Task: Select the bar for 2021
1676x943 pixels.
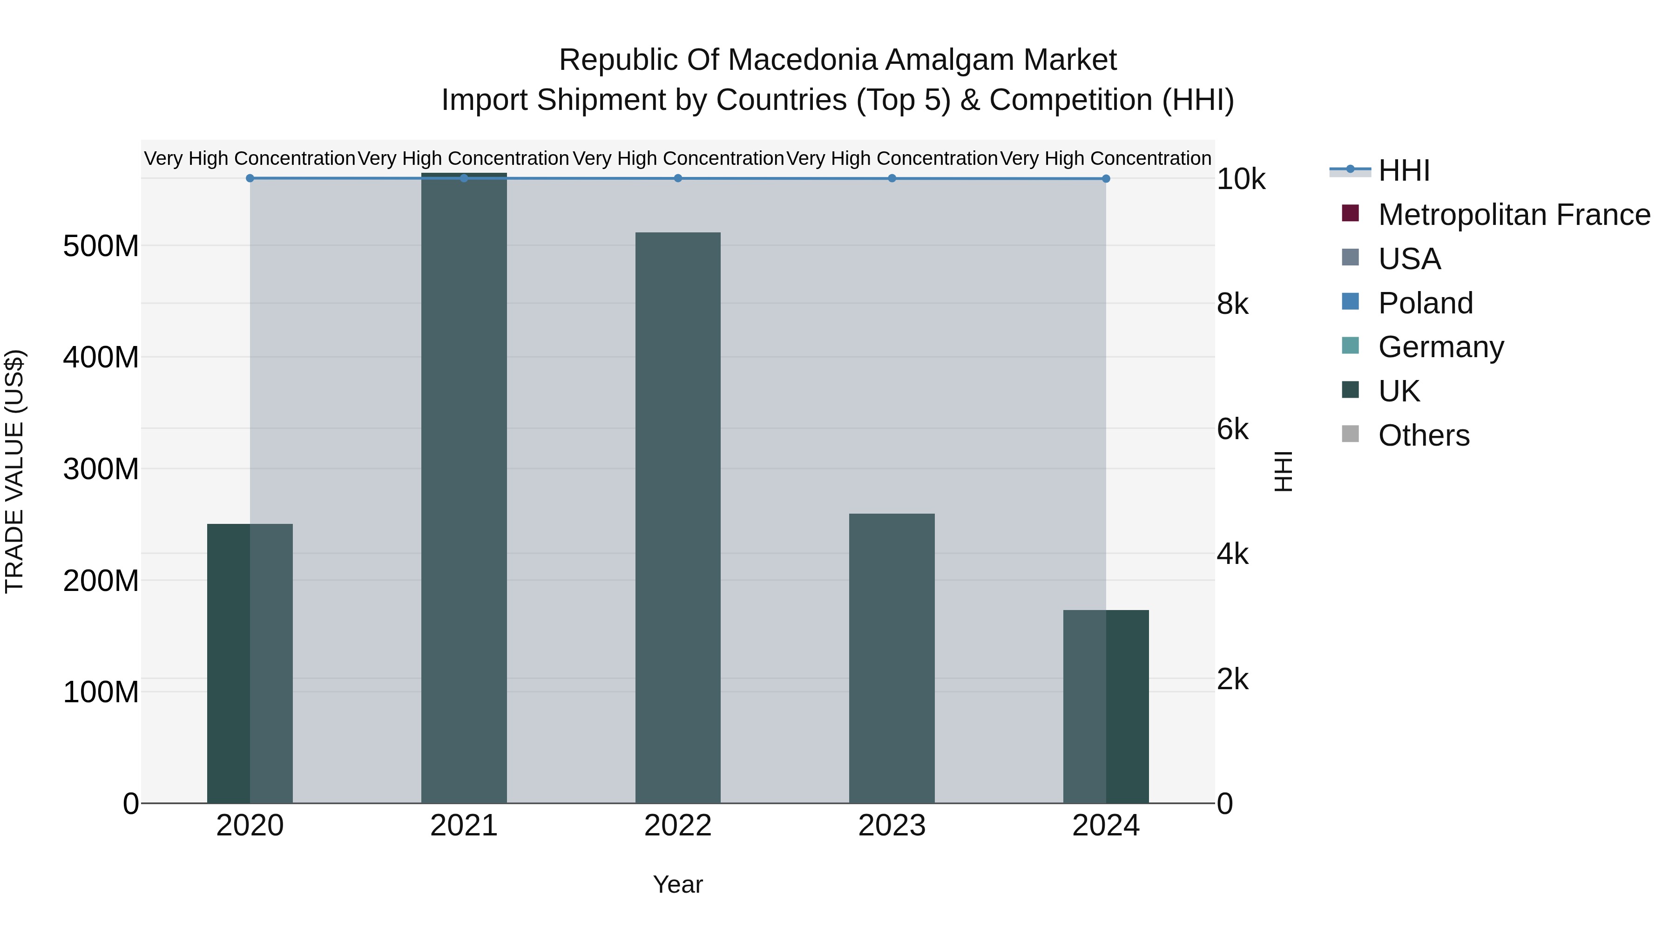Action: tap(464, 488)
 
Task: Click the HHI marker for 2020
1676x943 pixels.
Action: tap(250, 178)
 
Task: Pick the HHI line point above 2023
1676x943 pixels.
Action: tap(892, 178)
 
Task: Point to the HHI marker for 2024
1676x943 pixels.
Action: tap(1106, 179)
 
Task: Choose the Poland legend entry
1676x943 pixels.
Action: tap(1425, 303)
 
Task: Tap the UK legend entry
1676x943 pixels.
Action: tap(1399, 391)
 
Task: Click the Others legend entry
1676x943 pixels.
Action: tap(1424, 435)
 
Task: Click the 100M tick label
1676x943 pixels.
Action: tap(101, 692)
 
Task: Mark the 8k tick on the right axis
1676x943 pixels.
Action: tap(1232, 304)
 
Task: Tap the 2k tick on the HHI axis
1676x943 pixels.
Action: tap(1232, 679)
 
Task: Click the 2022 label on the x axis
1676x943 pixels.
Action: tap(678, 826)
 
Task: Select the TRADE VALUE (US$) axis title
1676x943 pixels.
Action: tap(14, 471)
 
